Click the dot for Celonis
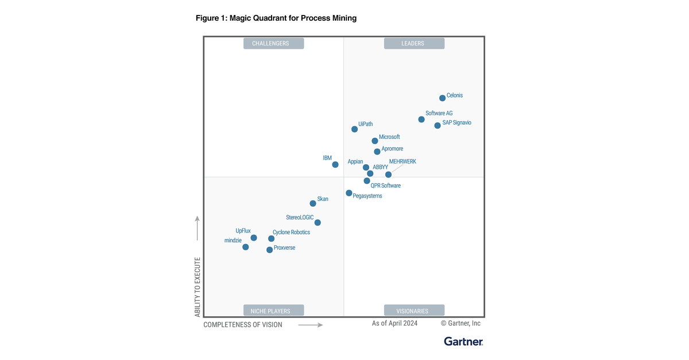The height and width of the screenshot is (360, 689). pyautogui.click(x=442, y=98)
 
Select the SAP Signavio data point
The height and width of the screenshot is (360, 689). pyautogui.click(x=438, y=125)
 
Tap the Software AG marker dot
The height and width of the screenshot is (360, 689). pyautogui.click(x=421, y=119)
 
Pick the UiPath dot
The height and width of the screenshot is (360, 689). pyautogui.click(x=355, y=129)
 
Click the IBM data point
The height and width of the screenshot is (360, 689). pyautogui.click(x=335, y=165)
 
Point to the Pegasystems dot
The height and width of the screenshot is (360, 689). pyautogui.click(x=349, y=193)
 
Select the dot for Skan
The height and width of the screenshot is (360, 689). pyautogui.click(x=313, y=203)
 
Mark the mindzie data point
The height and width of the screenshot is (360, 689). pyautogui.click(x=246, y=247)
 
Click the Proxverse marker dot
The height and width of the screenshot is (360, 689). pyautogui.click(x=270, y=250)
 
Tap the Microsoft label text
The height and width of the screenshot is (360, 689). pyautogui.click(x=389, y=137)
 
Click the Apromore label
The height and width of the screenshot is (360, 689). pyautogui.click(x=392, y=149)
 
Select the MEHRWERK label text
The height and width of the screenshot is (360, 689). pyautogui.click(x=402, y=162)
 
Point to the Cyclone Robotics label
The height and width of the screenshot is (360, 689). pyautogui.click(x=291, y=233)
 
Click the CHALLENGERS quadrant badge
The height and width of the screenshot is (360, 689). pyautogui.click(x=274, y=43)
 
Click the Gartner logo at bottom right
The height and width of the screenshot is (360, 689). pyautogui.click(x=463, y=342)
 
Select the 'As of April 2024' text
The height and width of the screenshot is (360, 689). pyautogui.click(x=394, y=323)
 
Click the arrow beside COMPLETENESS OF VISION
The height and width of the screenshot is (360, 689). pyautogui.click(x=311, y=325)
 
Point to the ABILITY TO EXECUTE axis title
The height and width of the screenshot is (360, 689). pyautogui.click(x=198, y=287)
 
